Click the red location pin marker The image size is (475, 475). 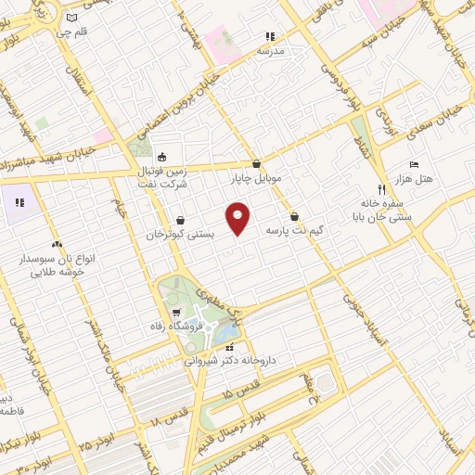point(238,219)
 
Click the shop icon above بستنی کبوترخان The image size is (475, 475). point(179,221)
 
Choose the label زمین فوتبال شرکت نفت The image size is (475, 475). point(162,177)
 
